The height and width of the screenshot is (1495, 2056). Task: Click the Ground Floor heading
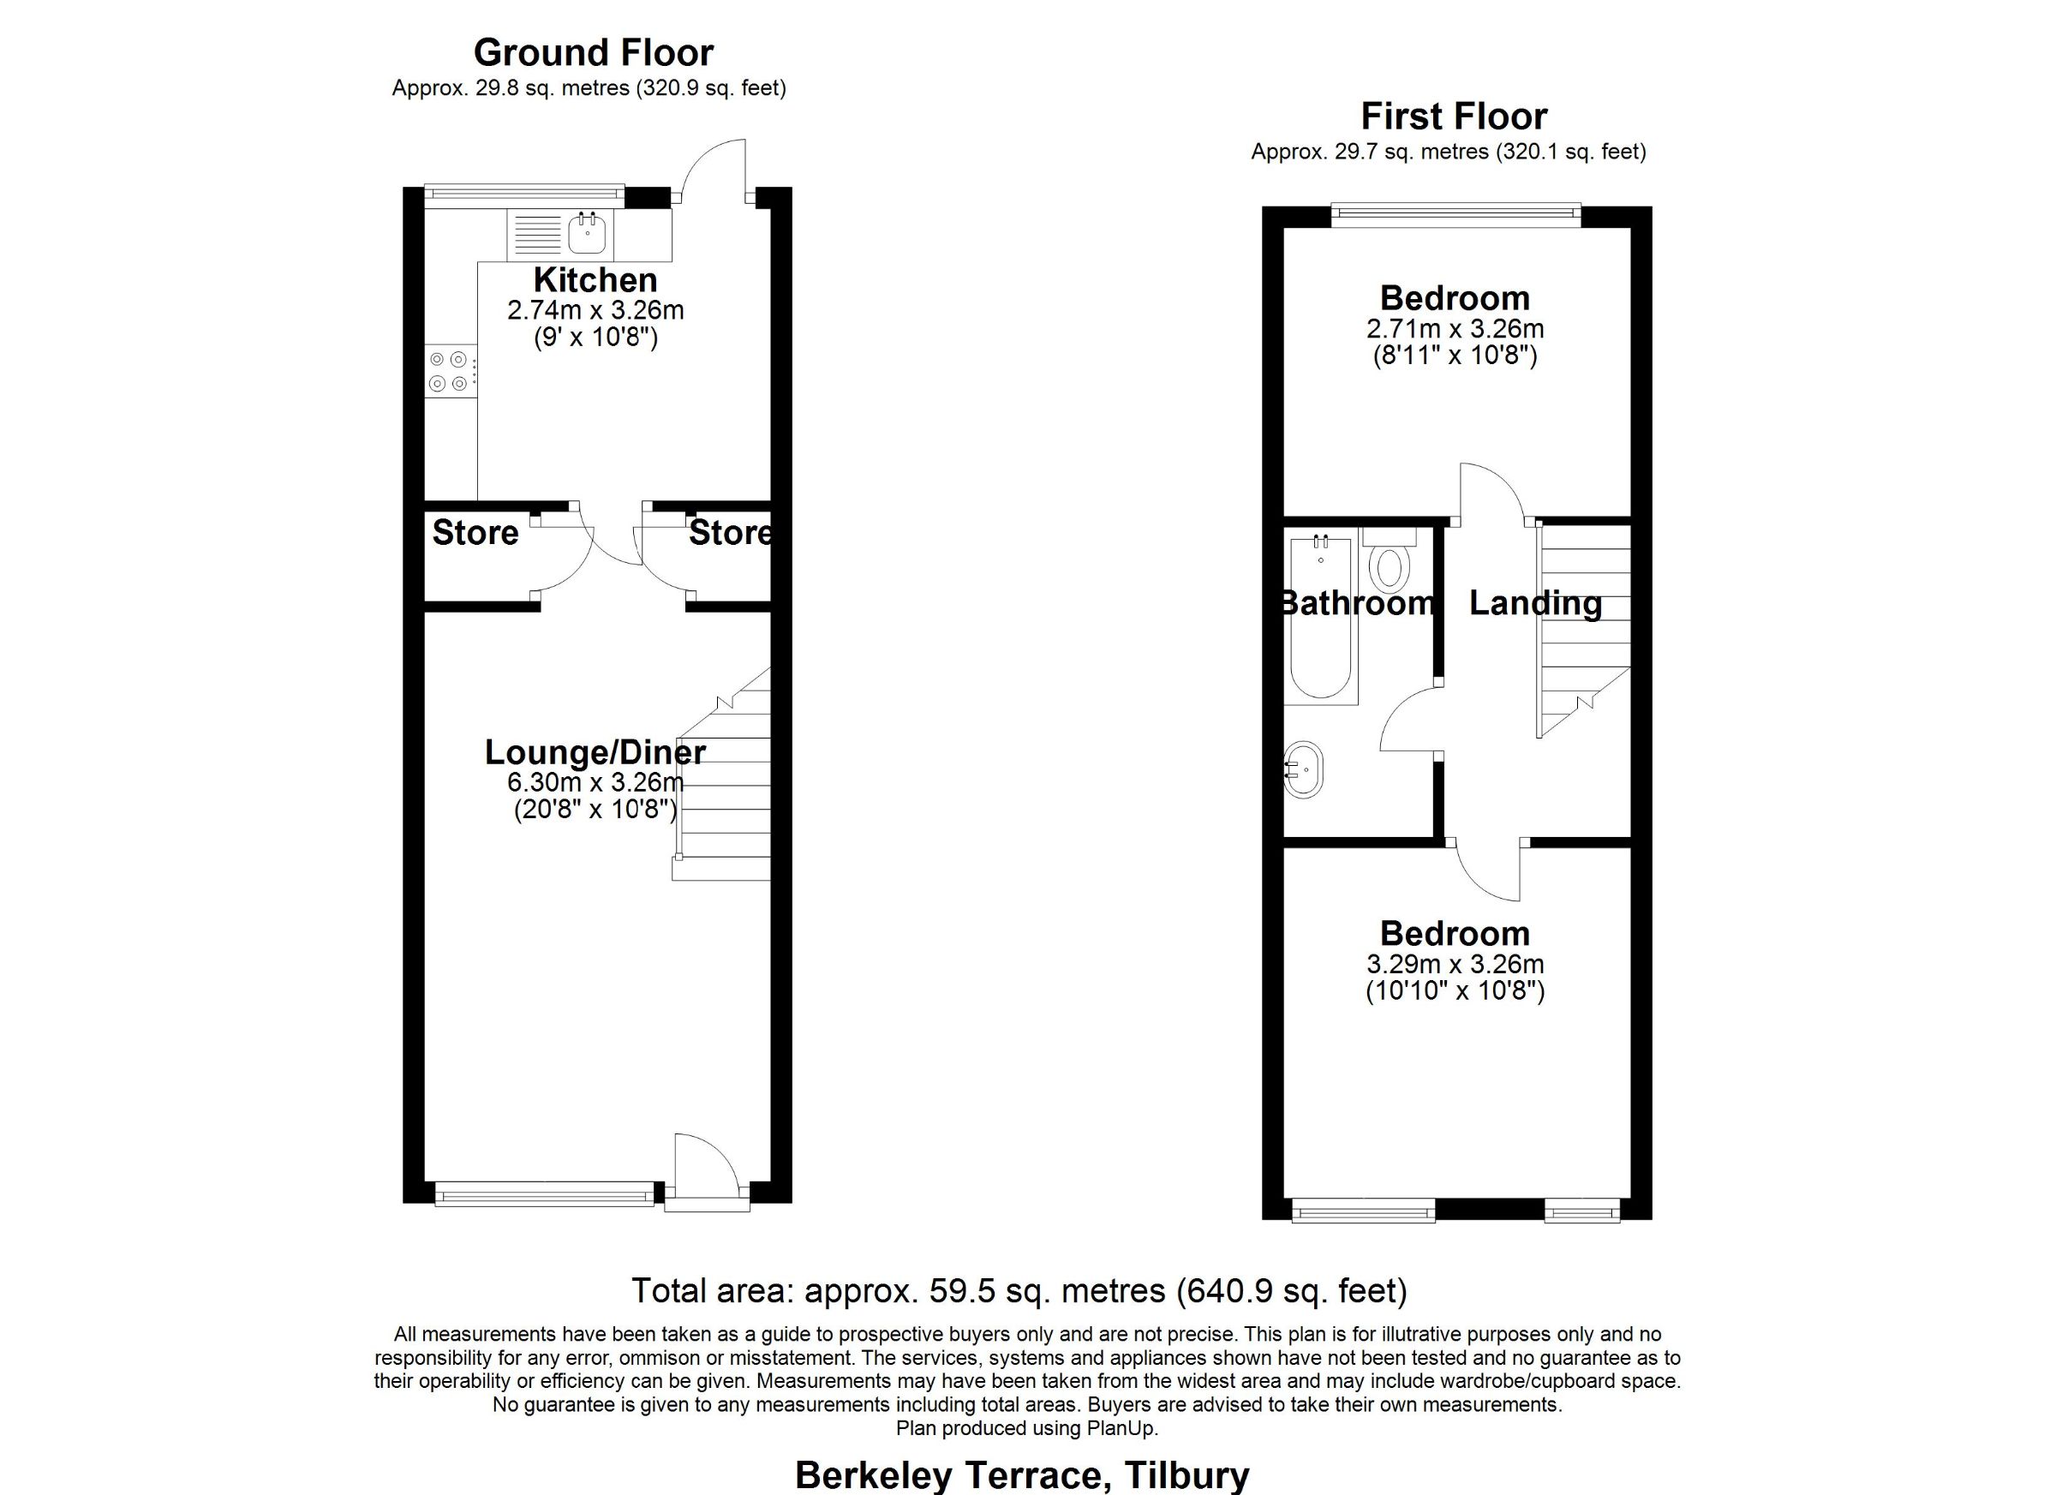594,52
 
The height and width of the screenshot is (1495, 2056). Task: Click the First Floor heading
1454,116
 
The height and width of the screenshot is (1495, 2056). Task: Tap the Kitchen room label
595,280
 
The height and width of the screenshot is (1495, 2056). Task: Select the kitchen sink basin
588,235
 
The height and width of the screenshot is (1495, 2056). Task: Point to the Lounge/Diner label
595,752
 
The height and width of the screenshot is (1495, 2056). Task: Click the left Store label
475,533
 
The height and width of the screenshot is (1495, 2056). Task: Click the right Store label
731,533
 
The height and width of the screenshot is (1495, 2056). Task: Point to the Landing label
1536,604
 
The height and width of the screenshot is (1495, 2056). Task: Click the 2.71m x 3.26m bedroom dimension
1455,328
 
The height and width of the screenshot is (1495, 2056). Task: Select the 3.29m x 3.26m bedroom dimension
1455,964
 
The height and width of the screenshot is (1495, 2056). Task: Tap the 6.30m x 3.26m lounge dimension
595,781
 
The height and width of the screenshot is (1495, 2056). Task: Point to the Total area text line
1019,1290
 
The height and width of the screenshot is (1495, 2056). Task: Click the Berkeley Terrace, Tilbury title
1022,1475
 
